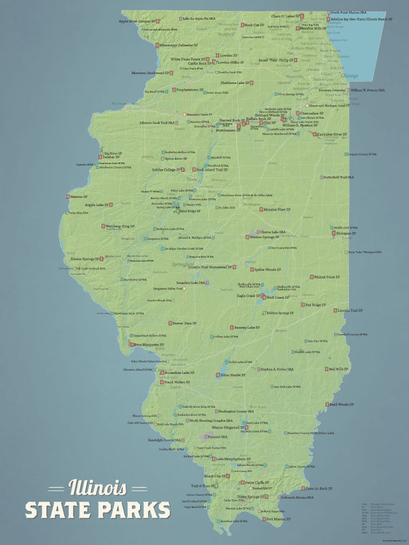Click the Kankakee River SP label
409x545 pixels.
(319, 135)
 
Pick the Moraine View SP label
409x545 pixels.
(273, 210)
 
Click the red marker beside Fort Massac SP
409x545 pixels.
(264, 519)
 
